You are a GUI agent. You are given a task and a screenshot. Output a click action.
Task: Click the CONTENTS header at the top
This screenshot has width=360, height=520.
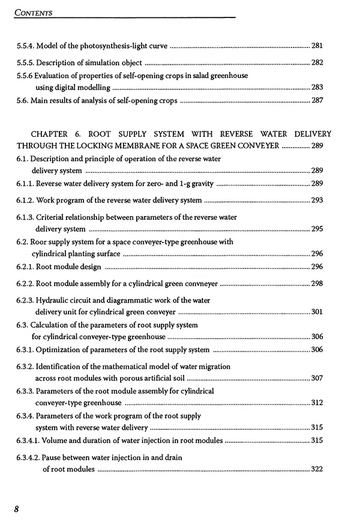pyautogui.click(x=34, y=11)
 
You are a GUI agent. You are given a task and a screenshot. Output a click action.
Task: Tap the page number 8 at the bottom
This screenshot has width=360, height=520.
pyautogui.click(x=17, y=509)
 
